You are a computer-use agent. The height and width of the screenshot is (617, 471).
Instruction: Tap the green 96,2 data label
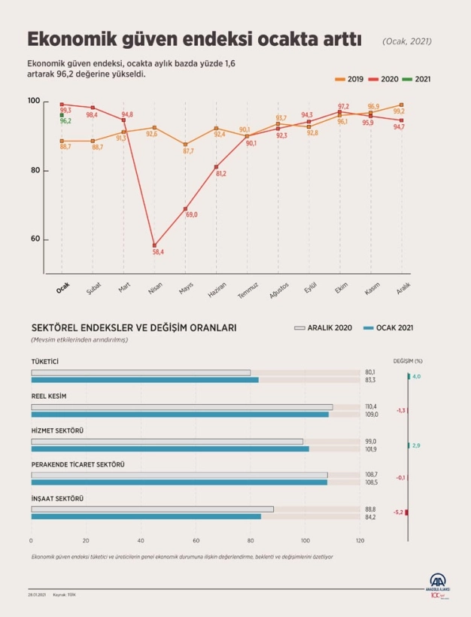[65, 120]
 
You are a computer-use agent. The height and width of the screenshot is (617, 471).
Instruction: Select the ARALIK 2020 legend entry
[324, 328]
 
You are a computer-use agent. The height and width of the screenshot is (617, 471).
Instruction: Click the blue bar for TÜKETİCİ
[144, 380]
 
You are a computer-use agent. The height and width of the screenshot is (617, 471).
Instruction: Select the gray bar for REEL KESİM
[181, 407]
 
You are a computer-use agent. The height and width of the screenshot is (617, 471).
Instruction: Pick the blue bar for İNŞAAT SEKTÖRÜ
[146, 516]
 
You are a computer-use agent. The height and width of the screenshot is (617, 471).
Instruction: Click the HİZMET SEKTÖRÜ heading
[57, 430]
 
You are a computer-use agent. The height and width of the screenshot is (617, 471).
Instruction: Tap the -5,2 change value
[398, 512]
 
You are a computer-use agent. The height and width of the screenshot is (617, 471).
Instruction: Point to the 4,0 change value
[416, 376]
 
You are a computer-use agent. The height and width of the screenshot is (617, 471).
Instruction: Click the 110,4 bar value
[370, 406]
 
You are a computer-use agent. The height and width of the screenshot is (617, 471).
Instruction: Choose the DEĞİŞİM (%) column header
[408, 361]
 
